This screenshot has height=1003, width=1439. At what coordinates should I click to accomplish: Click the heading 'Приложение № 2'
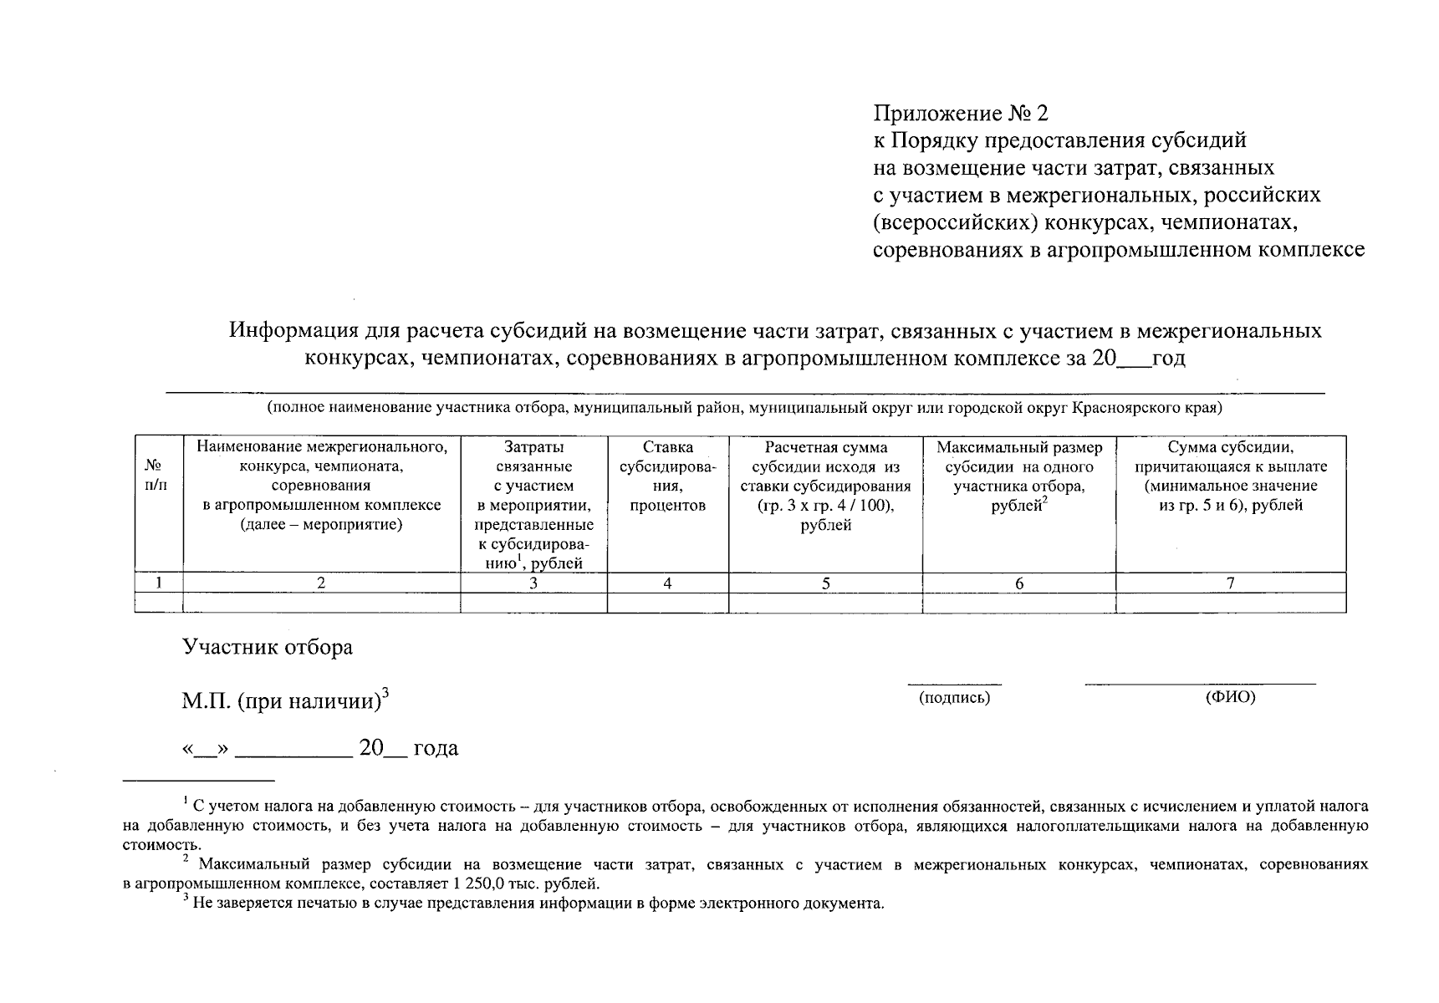960,113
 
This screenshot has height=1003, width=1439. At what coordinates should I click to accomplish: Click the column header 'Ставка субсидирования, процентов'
667,476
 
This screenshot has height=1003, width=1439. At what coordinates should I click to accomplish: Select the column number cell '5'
825,583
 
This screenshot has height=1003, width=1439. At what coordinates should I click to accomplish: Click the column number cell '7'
1230,583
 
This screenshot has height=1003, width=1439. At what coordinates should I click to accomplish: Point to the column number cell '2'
321,583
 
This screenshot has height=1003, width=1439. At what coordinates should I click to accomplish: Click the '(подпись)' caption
954,698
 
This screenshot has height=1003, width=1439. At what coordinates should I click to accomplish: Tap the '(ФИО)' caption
1230,697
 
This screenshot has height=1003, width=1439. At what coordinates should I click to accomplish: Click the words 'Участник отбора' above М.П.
268,647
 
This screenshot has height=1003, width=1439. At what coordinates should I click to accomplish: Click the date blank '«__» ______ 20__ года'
320,748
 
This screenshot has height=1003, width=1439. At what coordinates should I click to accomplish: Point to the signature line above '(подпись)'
954,684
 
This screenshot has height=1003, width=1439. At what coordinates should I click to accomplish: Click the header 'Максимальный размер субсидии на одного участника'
1018,476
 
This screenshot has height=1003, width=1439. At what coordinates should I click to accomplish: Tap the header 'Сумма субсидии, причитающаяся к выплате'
1230,476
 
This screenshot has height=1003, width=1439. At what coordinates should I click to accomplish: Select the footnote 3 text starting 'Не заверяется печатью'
535,904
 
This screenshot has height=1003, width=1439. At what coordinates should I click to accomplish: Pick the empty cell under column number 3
533,603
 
